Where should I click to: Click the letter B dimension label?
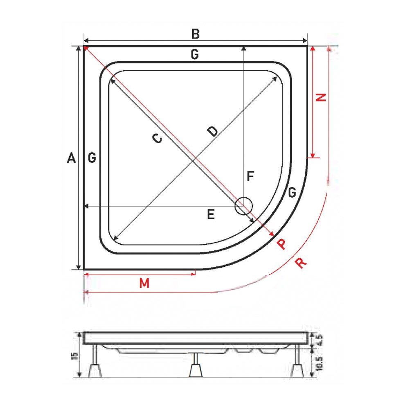(x=195, y=34)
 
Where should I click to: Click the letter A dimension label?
(x=71, y=158)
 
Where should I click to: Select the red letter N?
(x=322, y=97)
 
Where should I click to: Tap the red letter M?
(x=143, y=283)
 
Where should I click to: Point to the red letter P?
(x=281, y=244)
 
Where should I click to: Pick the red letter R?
(x=301, y=263)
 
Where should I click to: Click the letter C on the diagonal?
(x=157, y=139)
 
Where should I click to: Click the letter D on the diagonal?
(x=212, y=131)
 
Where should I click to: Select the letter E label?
(x=211, y=214)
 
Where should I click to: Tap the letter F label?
(x=250, y=177)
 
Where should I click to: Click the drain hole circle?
(x=244, y=205)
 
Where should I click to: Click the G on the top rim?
(x=195, y=54)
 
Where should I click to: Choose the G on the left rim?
(x=92, y=158)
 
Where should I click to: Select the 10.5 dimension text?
(x=320, y=363)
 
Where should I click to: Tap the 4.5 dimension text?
(x=320, y=340)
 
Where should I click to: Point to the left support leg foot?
(x=95, y=371)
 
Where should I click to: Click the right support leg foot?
(x=297, y=371)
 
